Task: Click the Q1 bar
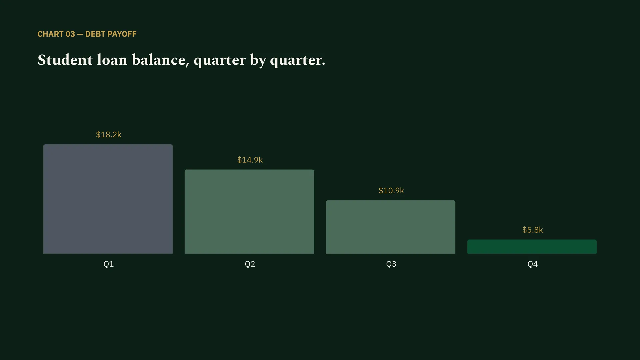(108, 199)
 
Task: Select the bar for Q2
(249, 212)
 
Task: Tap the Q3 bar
(391, 227)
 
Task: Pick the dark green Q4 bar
(532, 247)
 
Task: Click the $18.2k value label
(109, 135)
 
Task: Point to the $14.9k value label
(250, 160)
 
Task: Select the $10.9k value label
(391, 191)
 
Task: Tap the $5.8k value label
(533, 230)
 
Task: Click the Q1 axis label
(109, 264)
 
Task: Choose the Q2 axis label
(250, 264)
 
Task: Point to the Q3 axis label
(391, 264)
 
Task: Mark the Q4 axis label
(533, 264)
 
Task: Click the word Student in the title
(65, 60)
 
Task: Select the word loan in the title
(112, 60)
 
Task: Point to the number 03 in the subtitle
(70, 34)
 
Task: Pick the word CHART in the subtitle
(50, 34)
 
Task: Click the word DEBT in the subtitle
(95, 34)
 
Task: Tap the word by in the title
(258, 61)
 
